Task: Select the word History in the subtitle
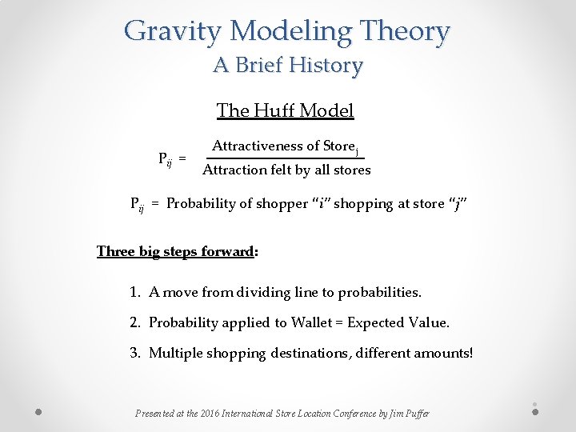[x=323, y=65]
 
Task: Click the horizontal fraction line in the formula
[x=286, y=158]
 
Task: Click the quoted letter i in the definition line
[x=320, y=204]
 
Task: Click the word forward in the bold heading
[x=228, y=251]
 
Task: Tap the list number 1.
[x=134, y=293]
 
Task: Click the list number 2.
[x=134, y=323]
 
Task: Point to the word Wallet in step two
[x=311, y=323]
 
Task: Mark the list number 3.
[x=134, y=353]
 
